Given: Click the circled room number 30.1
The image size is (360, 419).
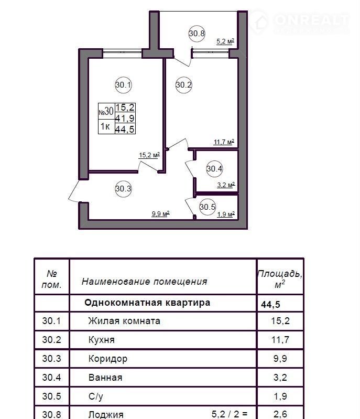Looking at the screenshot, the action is pyautogui.click(x=123, y=85).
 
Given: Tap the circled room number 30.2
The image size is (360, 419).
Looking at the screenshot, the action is pyautogui.click(x=184, y=85).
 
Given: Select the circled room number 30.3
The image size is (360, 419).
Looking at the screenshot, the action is pyautogui.click(x=123, y=189).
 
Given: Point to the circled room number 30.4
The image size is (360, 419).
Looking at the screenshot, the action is pyautogui.click(x=214, y=169).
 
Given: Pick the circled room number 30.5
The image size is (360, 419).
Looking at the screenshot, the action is pyautogui.click(x=208, y=207).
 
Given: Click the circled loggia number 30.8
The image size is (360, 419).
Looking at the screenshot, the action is pyautogui.click(x=197, y=34).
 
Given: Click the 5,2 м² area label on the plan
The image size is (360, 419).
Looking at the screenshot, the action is pyautogui.click(x=225, y=41).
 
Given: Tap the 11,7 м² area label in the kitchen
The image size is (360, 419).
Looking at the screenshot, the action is pyautogui.click(x=224, y=142).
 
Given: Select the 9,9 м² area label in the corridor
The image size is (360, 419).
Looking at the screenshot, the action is pyautogui.click(x=160, y=214).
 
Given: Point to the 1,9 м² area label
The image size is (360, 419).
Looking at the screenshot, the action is pyautogui.click(x=226, y=214).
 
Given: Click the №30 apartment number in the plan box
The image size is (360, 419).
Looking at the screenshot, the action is pyautogui.click(x=106, y=111).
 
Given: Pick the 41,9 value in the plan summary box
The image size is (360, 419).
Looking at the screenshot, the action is pyautogui.click(x=125, y=118).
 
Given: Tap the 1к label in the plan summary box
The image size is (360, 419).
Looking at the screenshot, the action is pyautogui.click(x=105, y=126).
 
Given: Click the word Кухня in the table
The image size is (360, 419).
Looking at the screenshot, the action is pyautogui.click(x=102, y=340).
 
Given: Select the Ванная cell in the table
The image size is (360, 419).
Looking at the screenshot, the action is pyautogui.click(x=105, y=378).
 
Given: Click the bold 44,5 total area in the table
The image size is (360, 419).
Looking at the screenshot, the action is pyautogui.click(x=270, y=305).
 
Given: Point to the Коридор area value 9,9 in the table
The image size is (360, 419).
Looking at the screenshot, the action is pyautogui.click(x=280, y=359).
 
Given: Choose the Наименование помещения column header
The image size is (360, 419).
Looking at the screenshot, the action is pyautogui.click(x=145, y=282).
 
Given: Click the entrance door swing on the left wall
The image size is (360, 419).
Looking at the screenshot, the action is pyautogui.click(x=74, y=191).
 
